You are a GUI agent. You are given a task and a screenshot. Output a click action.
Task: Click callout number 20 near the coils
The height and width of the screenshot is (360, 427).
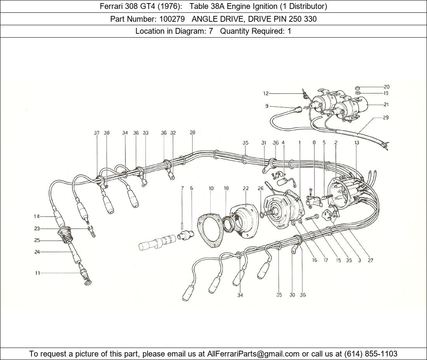[x=386, y=87]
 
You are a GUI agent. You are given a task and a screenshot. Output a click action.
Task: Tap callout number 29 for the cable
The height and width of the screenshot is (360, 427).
[x=385, y=118]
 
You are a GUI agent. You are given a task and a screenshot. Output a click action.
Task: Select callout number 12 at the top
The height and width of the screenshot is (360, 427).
[x=266, y=93]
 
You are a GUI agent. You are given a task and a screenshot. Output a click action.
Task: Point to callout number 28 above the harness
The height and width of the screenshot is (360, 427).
[x=193, y=133]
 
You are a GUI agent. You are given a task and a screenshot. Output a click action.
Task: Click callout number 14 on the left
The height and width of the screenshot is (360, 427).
[x=37, y=216]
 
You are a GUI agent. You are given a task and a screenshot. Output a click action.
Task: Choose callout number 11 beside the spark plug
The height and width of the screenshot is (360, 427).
[x=37, y=273]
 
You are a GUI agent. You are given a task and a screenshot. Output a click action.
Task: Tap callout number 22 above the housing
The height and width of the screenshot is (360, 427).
[x=246, y=188]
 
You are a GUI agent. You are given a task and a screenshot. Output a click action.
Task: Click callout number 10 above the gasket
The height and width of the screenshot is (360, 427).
[x=211, y=188]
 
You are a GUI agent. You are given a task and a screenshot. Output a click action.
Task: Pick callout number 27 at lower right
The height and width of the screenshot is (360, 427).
[x=370, y=260]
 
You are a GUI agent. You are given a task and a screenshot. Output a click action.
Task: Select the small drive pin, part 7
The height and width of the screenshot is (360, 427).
[x=182, y=226]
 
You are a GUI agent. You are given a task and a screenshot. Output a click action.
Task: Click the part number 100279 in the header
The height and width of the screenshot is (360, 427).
[x=172, y=19]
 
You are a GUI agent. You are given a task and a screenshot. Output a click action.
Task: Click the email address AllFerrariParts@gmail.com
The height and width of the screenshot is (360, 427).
[x=253, y=354]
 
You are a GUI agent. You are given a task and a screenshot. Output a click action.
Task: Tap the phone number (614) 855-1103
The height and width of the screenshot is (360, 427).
[x=371, y=354]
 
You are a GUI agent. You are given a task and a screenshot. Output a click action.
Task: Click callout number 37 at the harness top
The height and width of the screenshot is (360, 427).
[x=97, y=133]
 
